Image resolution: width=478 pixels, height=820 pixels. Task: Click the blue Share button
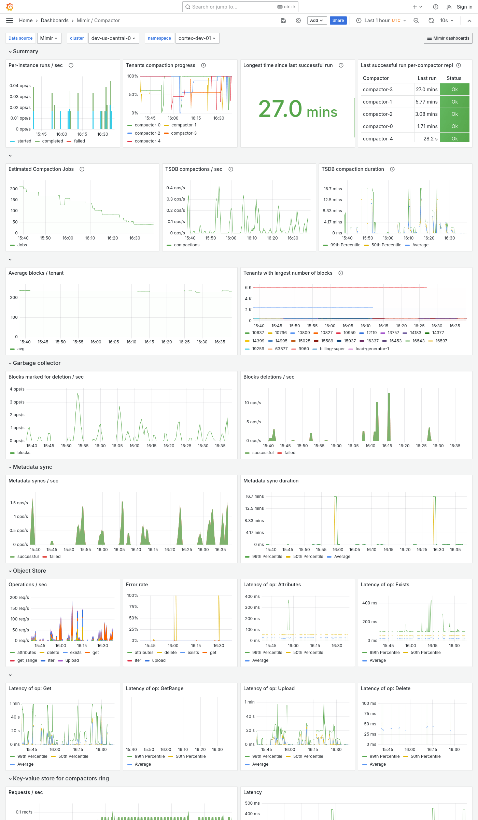338,20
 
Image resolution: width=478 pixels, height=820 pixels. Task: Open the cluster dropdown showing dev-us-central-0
113,38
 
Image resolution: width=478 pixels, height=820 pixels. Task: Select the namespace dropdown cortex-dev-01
197,38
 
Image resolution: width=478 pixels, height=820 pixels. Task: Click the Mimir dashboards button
448,38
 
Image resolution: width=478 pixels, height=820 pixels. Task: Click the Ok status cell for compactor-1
454,102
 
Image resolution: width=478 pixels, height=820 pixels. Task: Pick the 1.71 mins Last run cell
427,126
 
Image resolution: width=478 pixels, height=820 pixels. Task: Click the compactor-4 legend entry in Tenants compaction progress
147,141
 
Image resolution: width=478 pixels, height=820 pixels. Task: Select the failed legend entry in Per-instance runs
79,141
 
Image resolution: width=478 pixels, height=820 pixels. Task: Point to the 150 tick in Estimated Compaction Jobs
14,200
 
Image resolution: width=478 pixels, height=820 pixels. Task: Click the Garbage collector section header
37,363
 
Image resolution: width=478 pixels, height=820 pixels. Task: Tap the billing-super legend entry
332,349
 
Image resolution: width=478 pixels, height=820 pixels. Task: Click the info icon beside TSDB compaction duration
392,169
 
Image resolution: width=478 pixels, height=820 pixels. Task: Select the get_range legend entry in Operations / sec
27,660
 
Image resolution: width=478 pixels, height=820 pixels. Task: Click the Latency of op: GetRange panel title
154,688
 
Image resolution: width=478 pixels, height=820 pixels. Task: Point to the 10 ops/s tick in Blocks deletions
253,403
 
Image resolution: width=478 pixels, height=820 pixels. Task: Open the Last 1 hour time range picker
381,20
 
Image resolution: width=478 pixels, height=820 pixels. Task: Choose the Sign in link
464,7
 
